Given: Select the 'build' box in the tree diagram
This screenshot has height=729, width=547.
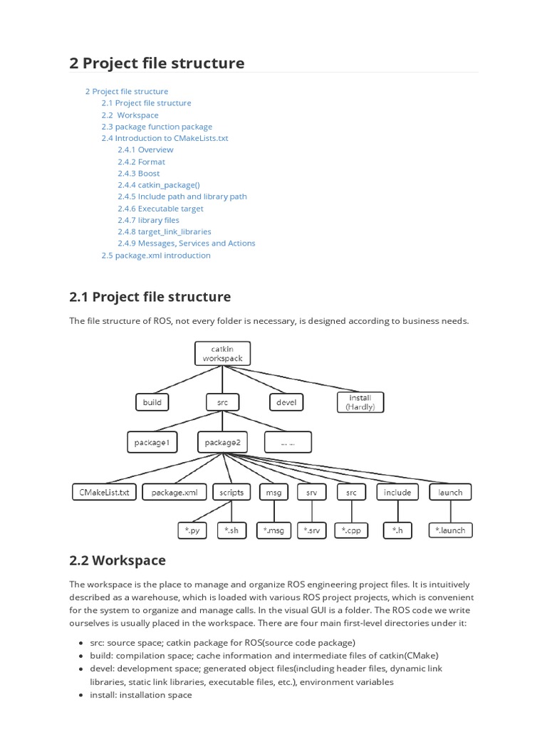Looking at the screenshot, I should tap(152, 402).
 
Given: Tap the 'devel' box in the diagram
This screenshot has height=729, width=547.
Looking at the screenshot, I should tap(285, 402).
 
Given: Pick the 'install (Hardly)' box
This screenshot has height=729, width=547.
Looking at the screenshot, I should tap(360, 402).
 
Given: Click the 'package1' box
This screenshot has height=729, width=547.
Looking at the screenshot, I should tap(152, 442).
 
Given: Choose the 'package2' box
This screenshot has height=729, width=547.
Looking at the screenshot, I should tap(222, 442).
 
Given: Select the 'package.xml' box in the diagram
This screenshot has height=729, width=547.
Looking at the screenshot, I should tap(174, 492).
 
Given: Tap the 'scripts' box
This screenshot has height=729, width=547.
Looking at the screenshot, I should tap(231, 492).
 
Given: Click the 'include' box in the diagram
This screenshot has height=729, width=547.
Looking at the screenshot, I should tap(397, 492).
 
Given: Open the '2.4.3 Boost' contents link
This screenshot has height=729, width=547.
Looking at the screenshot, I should tap(139, 173).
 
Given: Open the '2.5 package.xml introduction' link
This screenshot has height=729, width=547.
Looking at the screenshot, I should tap(156, 255).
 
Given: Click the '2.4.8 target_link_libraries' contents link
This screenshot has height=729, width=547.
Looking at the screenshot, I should tap(165, 231).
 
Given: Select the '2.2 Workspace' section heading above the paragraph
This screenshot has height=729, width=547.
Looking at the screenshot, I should tap(117, 560).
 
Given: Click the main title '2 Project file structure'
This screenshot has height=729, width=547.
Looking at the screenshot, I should tap(157, 63).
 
